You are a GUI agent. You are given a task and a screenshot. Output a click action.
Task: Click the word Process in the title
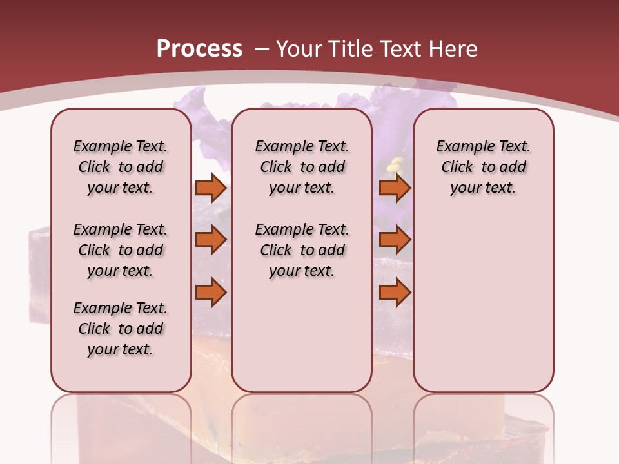click(x=199, y=49)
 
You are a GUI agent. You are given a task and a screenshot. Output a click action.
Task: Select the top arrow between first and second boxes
click(x=211, y=188)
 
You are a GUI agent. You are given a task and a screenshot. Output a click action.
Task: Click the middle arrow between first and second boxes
click(x=211, y=240)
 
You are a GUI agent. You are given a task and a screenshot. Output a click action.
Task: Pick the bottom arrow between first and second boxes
click(x=211, y=293)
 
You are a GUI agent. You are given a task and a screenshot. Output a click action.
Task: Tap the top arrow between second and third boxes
click(x=395, y=188)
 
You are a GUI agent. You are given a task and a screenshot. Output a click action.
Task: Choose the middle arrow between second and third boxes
click(x=395, y=240)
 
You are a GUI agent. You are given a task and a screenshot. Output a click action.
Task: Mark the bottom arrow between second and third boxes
click(x=395, y=293)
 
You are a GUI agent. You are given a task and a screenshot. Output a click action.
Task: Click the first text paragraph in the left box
click(x=121, y=167)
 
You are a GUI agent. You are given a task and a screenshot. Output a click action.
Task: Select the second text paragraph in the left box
click(x=121, y=250)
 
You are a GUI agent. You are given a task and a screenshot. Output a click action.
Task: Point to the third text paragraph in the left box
click(x=121, y=329)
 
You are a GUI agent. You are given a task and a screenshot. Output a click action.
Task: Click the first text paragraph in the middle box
click(x=302, y=167)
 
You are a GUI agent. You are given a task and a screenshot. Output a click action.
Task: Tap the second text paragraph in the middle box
click(x=302, y=250)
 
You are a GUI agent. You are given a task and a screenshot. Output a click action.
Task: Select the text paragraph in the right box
click(x=483, y=167)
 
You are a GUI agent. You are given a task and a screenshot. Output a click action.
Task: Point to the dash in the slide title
click(x=262, y=49)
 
